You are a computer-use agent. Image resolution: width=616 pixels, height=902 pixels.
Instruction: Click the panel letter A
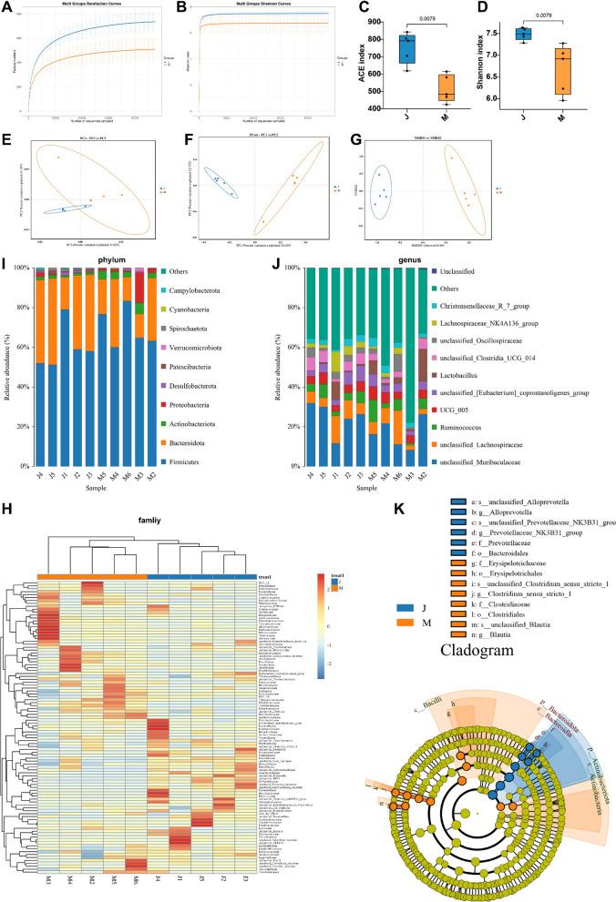click(8, 8)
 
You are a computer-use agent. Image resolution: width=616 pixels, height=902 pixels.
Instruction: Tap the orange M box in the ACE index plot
click(447, 87)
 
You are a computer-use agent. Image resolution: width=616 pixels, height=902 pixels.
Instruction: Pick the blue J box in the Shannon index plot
click(549, 35)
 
